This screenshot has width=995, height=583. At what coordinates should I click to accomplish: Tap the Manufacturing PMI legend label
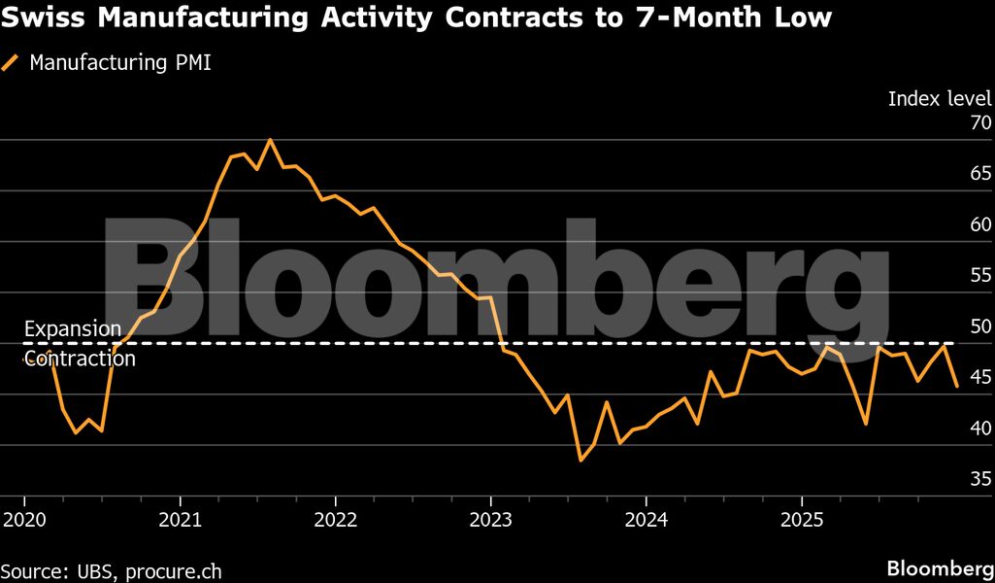pyautogui.click(x=120, y=64)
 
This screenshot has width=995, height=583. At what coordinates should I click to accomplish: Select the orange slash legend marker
pyautogui.click(x=11, y=64)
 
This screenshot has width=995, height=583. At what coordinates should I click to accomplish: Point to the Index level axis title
pyautogui.click(x=939, y=98)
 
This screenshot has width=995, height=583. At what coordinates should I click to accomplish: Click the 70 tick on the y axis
pyautogui.click(x=979, y=123)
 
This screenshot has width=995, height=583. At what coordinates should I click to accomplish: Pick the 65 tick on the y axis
pyautogui.click(x=979, y=174)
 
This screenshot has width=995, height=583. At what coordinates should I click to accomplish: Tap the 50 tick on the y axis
pyautogui.click(x=979, y=326)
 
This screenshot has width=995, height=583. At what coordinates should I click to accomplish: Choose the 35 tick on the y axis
pyautogui.click(x=979, y=478)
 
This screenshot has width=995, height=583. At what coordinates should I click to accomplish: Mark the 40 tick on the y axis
pyautogui.click(x=979, y=428)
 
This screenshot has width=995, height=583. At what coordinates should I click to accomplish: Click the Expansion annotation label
pyautogui.click(x=73, y=329)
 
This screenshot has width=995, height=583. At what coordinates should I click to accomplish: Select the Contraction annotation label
pyautogui.click(x=80, y=359)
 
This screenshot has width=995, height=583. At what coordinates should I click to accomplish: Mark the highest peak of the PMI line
pyautogui.click(x=270, y=140)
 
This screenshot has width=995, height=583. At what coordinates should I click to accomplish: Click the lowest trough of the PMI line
pyautogui.click(x=580, y=460)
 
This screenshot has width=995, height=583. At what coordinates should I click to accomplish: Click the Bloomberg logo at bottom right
pyautogui.click(x=939, y=567)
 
